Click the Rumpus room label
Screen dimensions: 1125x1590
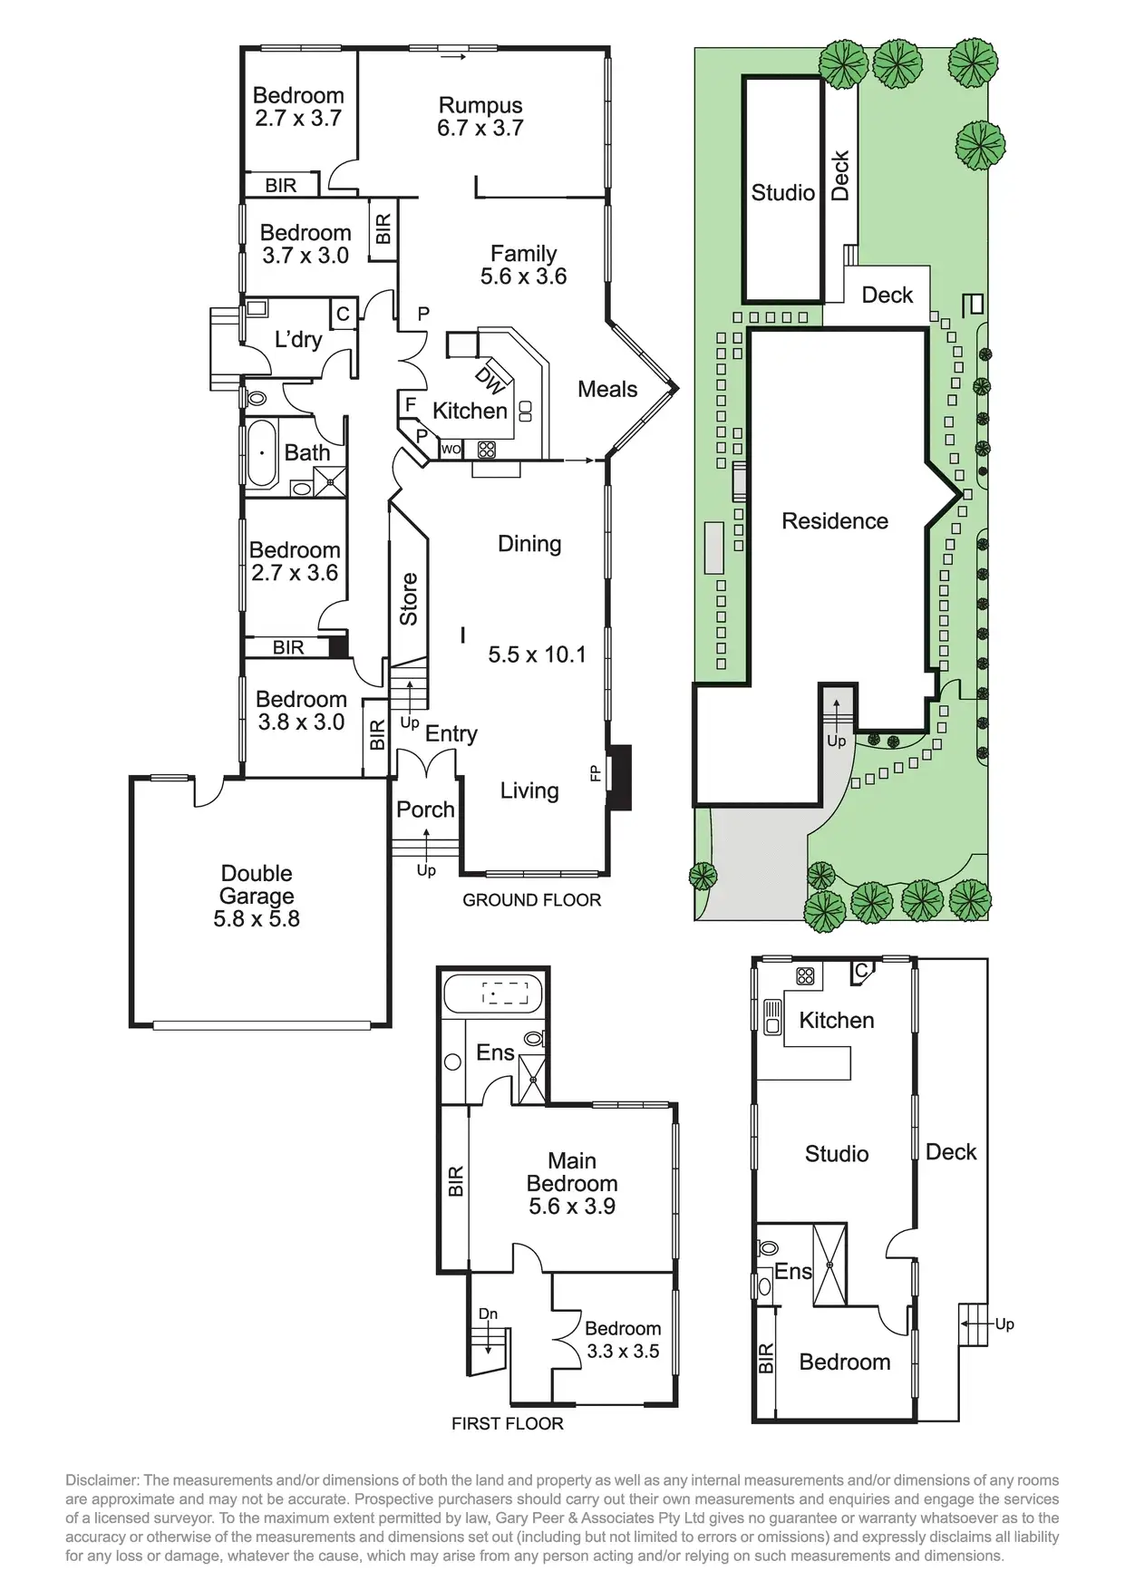(480, 106)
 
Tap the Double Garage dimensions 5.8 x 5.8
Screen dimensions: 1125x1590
(257, 919)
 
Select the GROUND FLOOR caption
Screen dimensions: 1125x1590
(531, 900)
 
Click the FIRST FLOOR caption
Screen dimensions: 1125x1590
(507, 1424)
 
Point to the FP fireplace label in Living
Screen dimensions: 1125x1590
(596, 772)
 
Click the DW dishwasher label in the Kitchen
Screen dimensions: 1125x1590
(490, 381)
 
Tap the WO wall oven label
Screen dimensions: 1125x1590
(451, 449)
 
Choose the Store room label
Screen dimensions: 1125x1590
(409, 599)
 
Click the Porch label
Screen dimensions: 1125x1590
(425, 810)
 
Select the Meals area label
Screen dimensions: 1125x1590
(607, 390)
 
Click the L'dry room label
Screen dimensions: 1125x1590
(298, 340)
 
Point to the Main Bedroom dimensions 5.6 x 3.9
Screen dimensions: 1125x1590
(572, 1207)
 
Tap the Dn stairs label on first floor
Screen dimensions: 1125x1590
(488, 1314)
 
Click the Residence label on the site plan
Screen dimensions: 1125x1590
(835, 521)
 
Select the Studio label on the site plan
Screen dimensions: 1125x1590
(783, 193)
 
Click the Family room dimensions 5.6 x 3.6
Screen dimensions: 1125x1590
(523, 277)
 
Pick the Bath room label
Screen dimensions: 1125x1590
(307, 453)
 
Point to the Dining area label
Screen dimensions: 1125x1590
(529, 544)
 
